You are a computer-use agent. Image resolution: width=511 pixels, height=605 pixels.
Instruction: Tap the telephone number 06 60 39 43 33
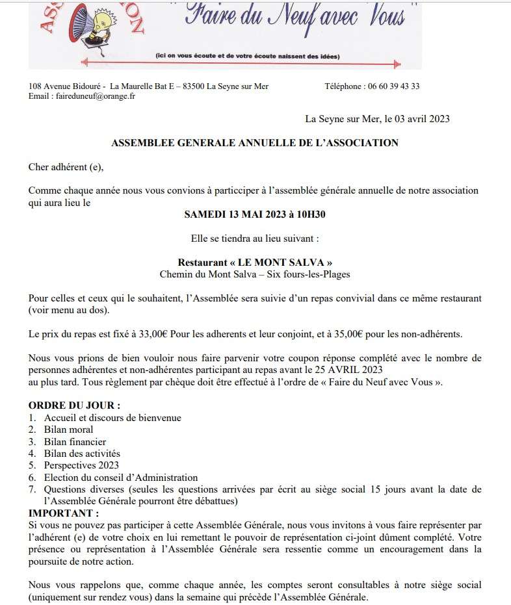(393, 86)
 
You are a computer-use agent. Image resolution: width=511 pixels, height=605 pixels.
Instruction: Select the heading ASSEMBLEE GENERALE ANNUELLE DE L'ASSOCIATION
(255, 143)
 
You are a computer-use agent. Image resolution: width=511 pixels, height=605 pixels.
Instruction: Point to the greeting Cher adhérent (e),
(66, 167)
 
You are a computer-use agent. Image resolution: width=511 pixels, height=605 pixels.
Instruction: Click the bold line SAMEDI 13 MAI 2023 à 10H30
(255, 214)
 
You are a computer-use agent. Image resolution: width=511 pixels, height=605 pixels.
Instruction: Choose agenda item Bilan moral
(68, 430)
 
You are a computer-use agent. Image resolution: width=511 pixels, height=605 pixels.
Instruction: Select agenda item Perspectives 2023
(82, 465)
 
